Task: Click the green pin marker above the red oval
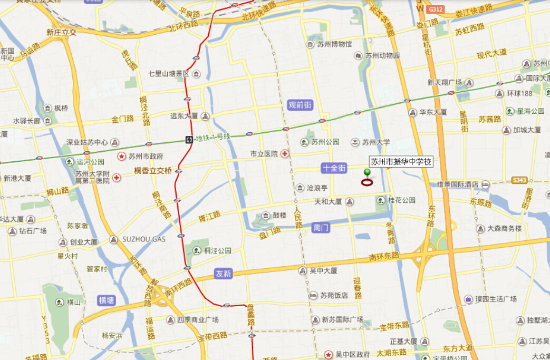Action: tap(367, 172)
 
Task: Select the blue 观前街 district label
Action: tap(301, 105)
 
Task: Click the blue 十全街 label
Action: tap(334, 168)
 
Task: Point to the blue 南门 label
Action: tap(321, 228)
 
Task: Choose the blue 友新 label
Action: tap(224, 274)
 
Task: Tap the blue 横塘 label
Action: tap(107, 300)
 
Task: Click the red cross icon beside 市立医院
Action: tap(285, 154)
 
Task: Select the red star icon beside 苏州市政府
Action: tap(122, 157)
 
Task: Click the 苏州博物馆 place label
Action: tap(334, 44)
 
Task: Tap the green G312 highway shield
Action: tap(435, 9)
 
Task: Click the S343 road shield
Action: tap(519, 180)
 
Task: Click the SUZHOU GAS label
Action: tap(144, 239)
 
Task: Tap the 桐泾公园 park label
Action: tap(218, 250)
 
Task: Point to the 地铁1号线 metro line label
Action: tap(213, 138)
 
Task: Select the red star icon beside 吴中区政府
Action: tap(329, 354)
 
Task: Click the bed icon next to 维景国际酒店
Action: tap(485, 184)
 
